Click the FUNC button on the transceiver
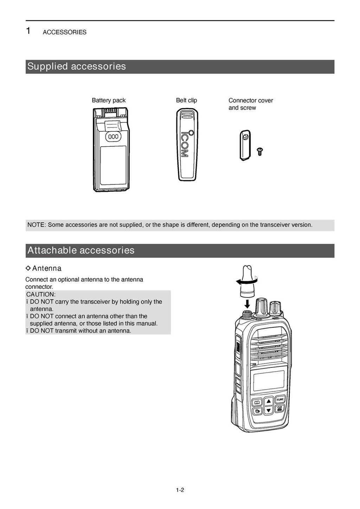pyautogui.click(x=280, y=399)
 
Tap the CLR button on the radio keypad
pyautogui.click(x=280, y=409)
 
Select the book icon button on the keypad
pyautogui.click(x=257, y=402)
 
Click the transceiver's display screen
pyautogui.click(x=269, y=380)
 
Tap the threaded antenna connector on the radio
pyautogui.click(x=246, y=313)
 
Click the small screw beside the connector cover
pyautogui.click(x=260, y=151)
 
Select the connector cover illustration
pyautogui.click(x=245, y=145)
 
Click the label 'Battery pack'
pyautogui.click(x=109, y=100)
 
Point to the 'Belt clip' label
pyautogui.click(x=186, y=100)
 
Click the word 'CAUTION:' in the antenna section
pyautogui.click(x=41, y=294)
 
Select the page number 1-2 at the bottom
pyautogui.click(x=180, y=490)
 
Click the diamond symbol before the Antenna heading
pyautogui.click(x=28, y=268)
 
